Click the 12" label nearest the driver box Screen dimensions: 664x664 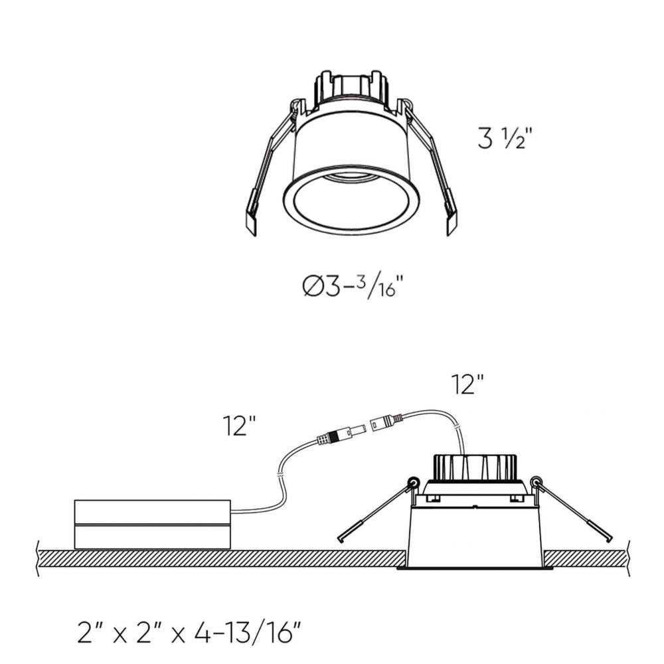pyautogui.click(x=240, y=426)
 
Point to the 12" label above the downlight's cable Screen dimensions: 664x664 pyautogui.click(x=467, y=384)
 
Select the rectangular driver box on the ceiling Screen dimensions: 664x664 pyautogui.click(x=152, y=525)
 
